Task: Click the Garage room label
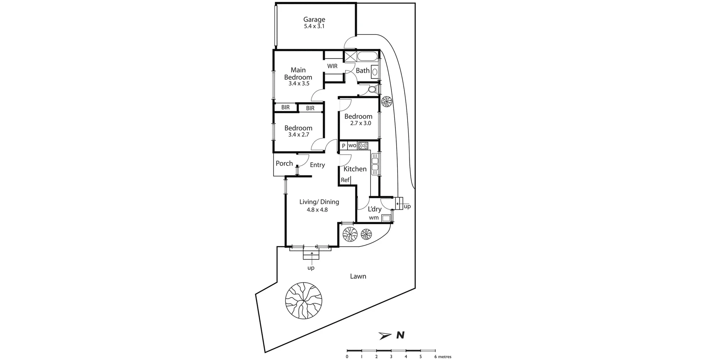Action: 314,20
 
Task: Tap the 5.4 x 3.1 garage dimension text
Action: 314,27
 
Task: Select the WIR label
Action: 332,66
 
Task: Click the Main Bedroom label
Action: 298,73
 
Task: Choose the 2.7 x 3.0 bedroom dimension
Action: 360,123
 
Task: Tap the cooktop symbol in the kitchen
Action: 363,145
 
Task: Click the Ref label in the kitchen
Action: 345,180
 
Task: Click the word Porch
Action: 284,163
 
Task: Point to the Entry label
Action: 317,165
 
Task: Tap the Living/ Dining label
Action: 319,202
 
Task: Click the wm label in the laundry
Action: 373,218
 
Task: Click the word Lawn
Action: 358,276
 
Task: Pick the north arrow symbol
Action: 386,335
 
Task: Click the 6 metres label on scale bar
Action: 442,357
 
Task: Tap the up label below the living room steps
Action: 311,268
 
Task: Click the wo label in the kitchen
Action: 352,145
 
